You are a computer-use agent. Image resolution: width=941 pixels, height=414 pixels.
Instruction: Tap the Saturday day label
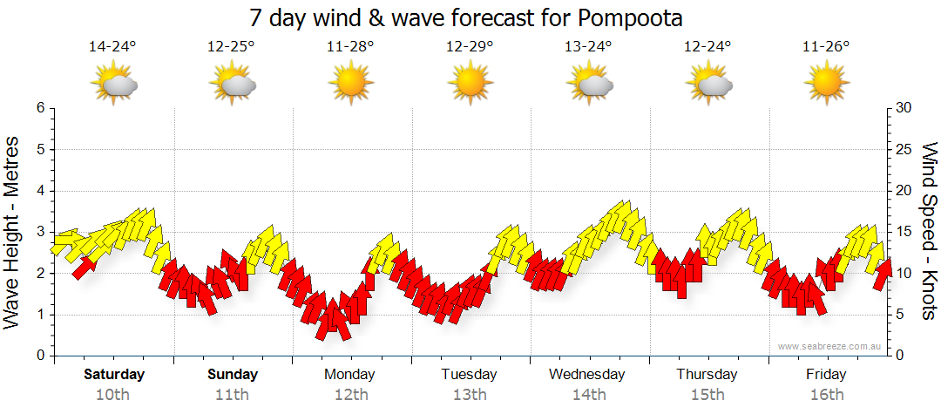point(114,375)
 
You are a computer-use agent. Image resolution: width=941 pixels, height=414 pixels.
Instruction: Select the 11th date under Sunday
point(233,394)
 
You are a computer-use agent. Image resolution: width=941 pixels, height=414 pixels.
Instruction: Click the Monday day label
point(349,375)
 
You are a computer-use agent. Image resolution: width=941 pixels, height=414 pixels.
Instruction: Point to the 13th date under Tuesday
point(470,394)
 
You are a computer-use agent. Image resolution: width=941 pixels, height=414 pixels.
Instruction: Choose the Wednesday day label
point(587,375)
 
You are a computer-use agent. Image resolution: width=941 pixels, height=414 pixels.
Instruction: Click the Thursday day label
point(707,375)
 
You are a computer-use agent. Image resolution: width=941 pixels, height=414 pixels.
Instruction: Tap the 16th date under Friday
point(826,394)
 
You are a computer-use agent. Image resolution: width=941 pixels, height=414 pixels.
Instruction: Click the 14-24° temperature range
point(112,47)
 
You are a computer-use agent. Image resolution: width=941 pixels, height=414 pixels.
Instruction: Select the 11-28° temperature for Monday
point(350,47)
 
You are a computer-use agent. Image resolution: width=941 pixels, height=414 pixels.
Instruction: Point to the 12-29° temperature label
point(470,47)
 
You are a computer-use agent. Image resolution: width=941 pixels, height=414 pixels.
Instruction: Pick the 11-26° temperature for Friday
point(826,47)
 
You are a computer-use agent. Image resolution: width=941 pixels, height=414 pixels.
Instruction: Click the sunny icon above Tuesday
point(470,84)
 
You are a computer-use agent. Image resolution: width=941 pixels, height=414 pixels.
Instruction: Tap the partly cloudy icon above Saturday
point(114,84)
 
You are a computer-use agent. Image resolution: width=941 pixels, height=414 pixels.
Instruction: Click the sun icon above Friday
point(826,84)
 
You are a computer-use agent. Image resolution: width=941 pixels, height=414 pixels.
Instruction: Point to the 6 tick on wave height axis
point(40,108)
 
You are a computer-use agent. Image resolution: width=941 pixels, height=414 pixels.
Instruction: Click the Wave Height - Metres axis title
point(13,231)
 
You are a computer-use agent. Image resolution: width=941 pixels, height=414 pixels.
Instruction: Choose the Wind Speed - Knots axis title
point(929,231)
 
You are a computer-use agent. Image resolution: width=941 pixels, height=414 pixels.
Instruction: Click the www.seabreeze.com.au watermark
point(830,347)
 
